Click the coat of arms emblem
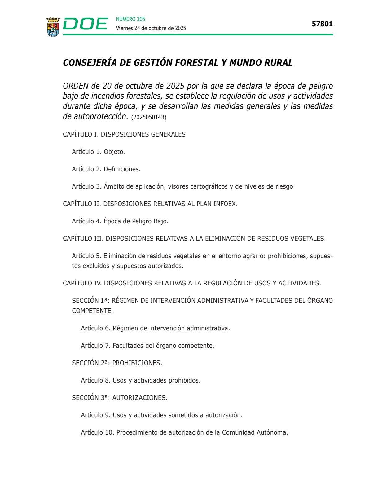coord(53,27)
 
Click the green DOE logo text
coord(85,24)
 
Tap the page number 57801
coord(322,24)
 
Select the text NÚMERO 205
coord(130,19)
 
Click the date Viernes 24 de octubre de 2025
coord(151,28)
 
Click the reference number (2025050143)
coord(149,117)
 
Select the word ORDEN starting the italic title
coord(76,86)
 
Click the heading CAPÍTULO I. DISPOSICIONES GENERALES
coord(124,134)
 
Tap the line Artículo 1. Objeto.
coord(98,152)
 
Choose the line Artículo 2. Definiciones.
coord(106,169)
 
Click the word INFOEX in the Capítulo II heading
coord(225,204)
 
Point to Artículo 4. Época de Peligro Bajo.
coord(120,221)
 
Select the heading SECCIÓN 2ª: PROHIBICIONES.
coord(117,363)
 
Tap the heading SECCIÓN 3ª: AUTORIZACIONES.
coord(119,398)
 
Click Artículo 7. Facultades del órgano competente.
coord(147,346)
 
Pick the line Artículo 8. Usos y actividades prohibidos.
coord(140,380)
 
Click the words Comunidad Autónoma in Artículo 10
coord(255,432)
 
